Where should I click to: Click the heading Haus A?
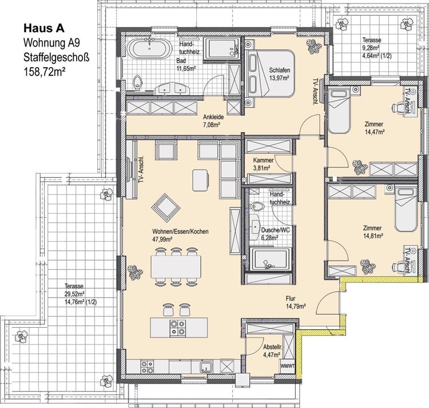(44, 28)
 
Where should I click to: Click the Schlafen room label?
(279, 70)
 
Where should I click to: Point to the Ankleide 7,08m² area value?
(212, 125)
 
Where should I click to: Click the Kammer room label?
(263, 160)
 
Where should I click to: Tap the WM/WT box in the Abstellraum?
(287, 366)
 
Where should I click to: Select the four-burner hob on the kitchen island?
(177, 328)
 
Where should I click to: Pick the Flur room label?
(291, 299)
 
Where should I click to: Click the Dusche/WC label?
(275, 230)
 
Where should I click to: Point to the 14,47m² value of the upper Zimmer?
(375, 132)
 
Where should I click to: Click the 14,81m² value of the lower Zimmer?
(372, 236)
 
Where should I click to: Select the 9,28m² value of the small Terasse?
(371, 48)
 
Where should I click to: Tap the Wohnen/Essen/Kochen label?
(181, 232)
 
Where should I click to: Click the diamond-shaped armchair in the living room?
(166, 208)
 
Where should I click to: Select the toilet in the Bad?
(137, 81)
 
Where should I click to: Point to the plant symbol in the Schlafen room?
(313, 46)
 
